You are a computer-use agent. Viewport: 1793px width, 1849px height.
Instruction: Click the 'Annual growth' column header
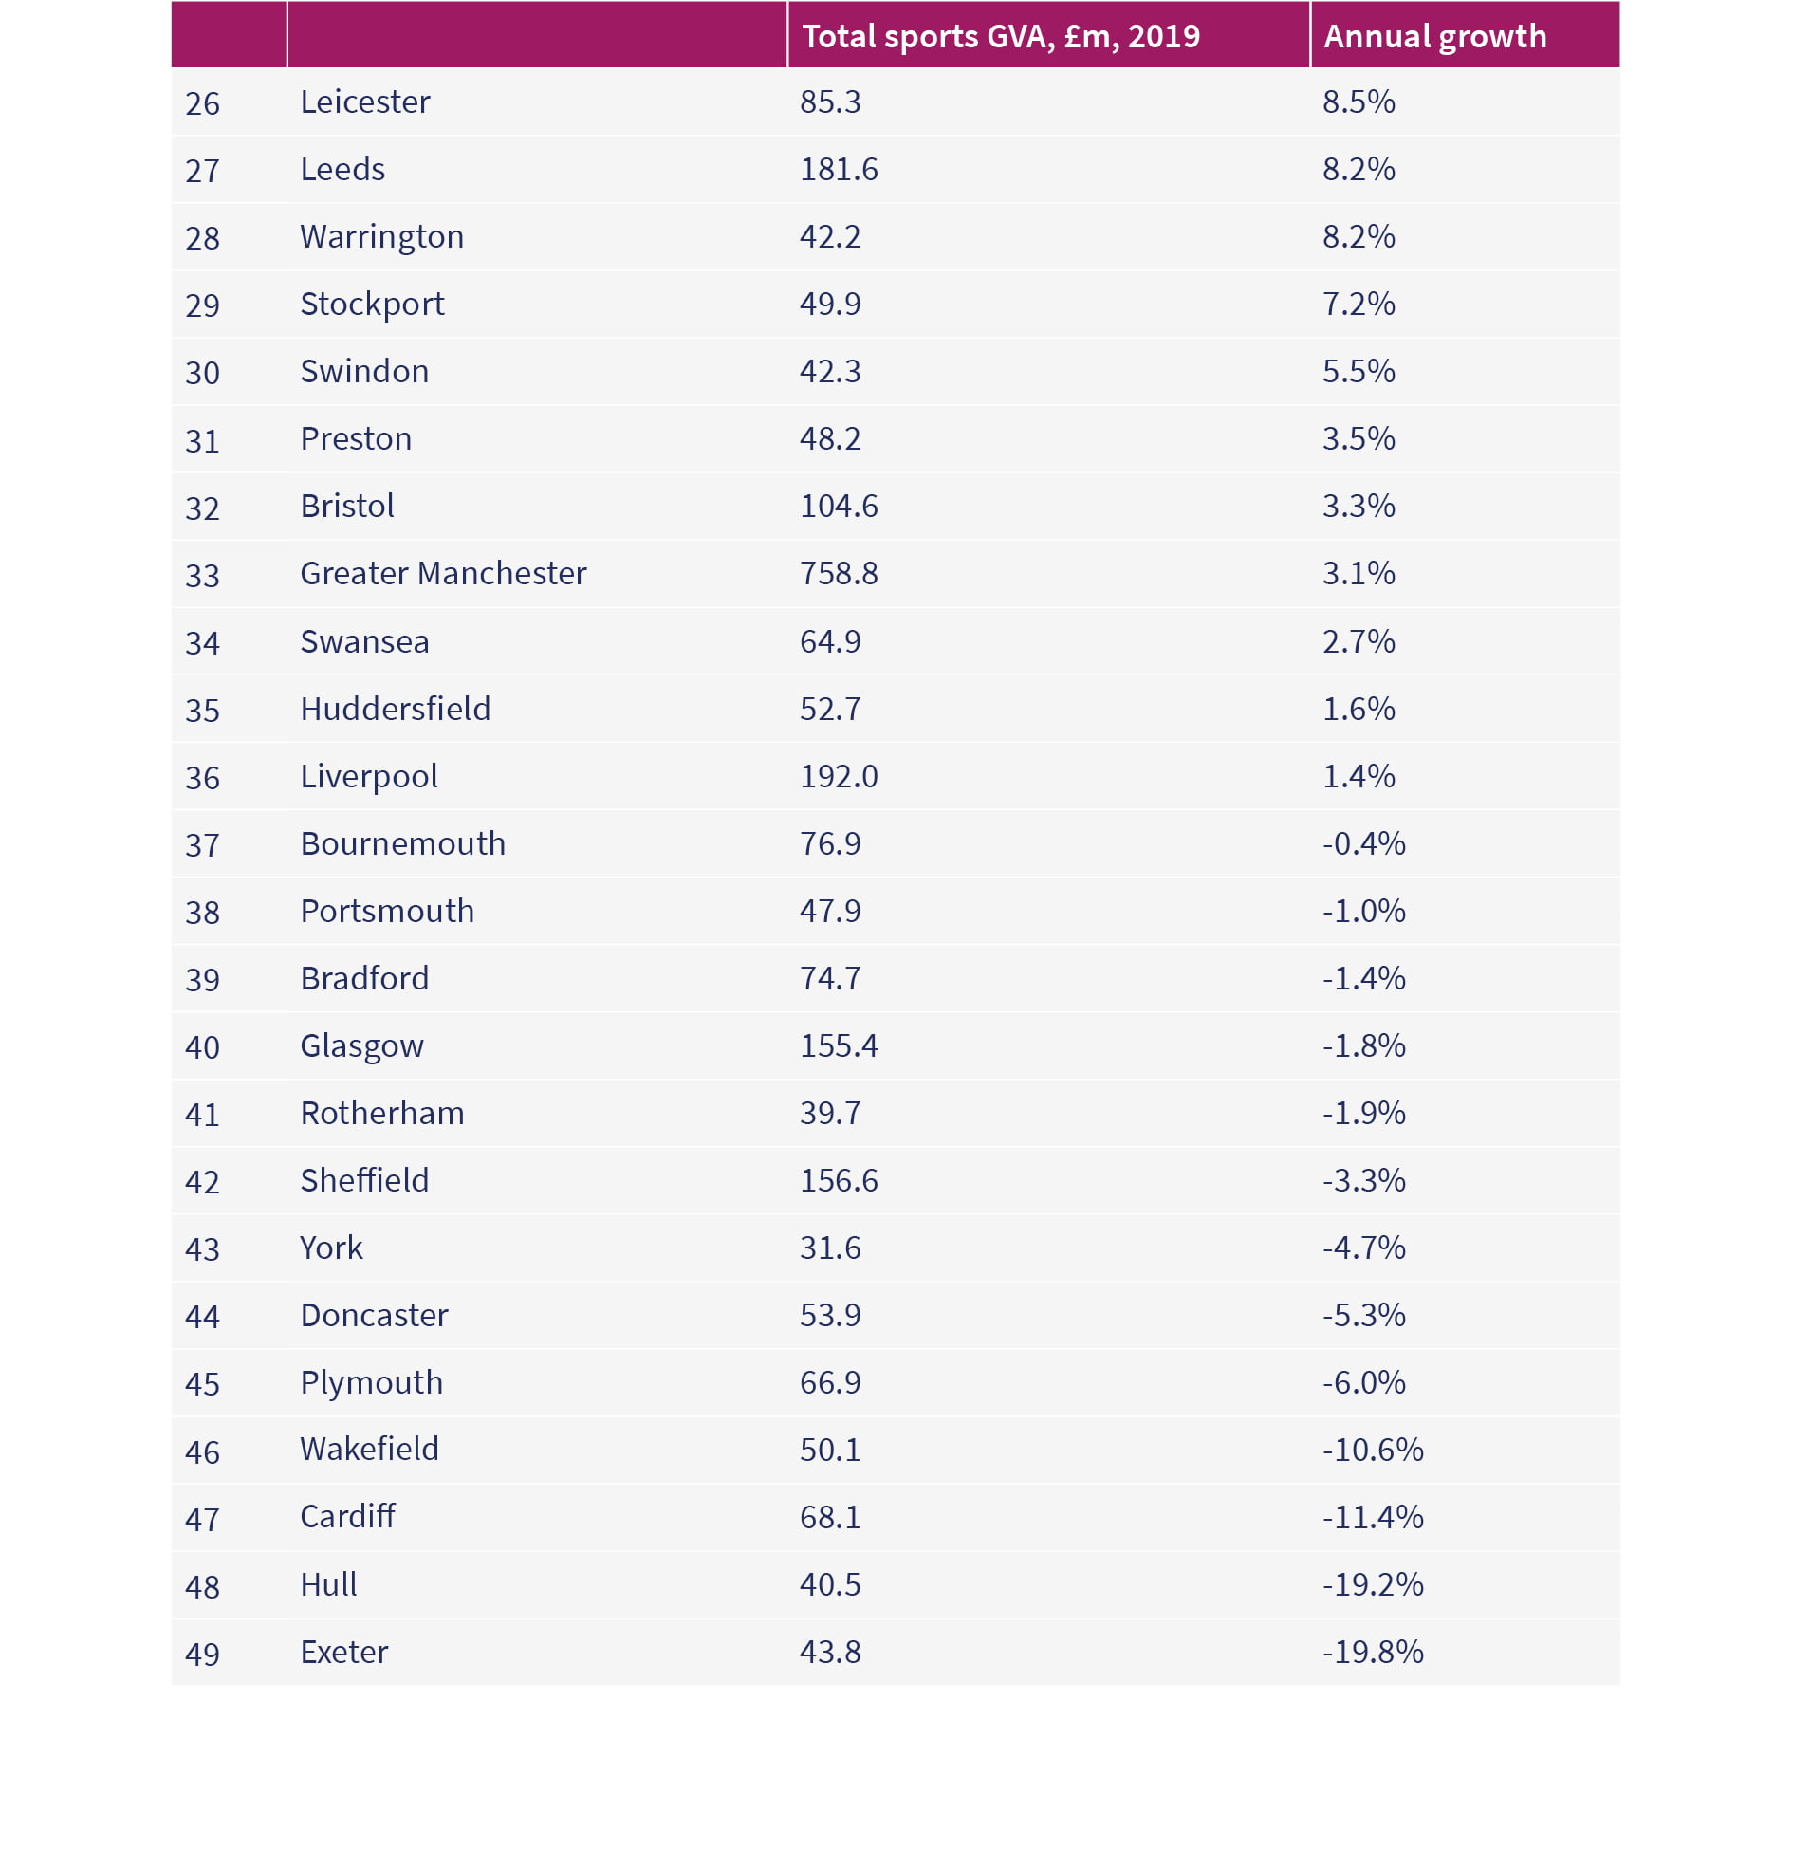[x=1434, y=37]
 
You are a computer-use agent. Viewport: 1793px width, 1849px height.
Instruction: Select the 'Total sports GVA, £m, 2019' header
[x=1001, y=37]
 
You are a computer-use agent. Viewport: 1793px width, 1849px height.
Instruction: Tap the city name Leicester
[x=365, y=102]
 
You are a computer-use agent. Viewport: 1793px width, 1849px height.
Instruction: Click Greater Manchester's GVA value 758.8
[x=839, y=573]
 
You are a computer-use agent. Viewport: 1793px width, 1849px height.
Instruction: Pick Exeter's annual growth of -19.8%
[x=1373, y=1652]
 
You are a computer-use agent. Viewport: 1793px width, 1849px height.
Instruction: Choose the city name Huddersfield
[x=396, y=709]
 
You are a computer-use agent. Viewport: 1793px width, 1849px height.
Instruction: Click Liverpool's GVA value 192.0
[x=839, y=776]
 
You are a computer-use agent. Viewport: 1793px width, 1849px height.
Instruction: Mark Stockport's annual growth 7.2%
[x=1359, y=304]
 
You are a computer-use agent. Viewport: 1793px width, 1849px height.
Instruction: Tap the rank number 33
[x=202, y=576]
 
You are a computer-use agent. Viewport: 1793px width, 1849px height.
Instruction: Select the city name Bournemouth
[x=403, y=843]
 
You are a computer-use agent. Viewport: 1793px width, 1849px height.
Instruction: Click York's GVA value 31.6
[x=830, y=1248]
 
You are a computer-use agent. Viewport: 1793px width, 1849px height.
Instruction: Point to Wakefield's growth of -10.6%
[x=1373, y=1450]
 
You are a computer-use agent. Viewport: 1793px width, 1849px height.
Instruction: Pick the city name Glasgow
[x=361, y=1046]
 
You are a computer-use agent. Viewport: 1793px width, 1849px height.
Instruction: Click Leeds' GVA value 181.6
[x=839, y=169]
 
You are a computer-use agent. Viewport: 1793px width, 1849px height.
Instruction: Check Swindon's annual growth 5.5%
[x=1359, y=371]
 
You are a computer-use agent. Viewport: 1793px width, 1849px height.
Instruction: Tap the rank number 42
[x=202, y=1182]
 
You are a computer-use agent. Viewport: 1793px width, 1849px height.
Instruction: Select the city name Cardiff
[x=347, y=1516]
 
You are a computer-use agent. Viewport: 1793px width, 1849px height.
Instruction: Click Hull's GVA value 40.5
[x=830, y=1584]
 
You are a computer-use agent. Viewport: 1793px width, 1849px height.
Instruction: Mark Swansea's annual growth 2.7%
[x=1359, y=641]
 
